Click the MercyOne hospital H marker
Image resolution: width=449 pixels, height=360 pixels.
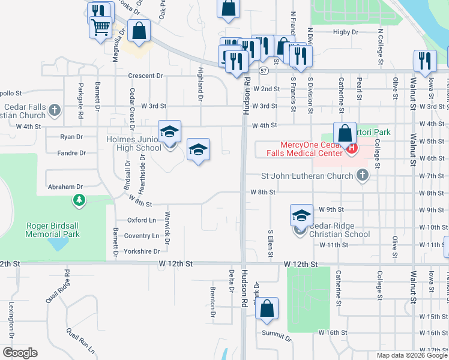352,147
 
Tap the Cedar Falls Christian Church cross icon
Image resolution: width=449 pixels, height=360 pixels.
55,110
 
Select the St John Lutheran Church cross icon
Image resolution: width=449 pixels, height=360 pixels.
361,175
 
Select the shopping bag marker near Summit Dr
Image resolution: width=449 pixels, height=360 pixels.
267,309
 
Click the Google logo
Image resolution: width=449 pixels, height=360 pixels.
20,353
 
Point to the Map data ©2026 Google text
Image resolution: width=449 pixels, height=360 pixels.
412,355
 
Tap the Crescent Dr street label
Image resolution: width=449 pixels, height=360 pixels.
145,76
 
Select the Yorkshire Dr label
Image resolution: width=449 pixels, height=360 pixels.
142,251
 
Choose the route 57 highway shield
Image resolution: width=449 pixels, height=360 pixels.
264,70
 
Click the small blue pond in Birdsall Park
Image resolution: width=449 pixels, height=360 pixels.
59,244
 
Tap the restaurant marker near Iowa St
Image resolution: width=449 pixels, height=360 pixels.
424,61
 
